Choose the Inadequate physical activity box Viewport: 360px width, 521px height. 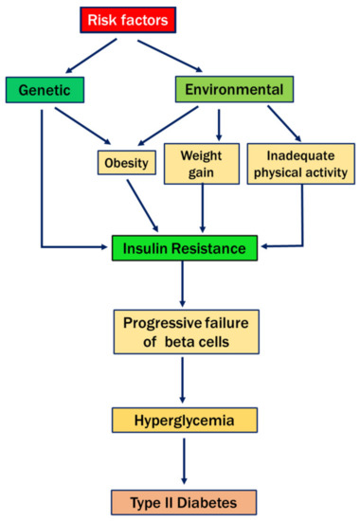300,161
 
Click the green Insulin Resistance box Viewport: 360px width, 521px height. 185,248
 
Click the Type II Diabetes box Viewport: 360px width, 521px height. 185,496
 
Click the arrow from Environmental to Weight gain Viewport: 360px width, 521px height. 219,124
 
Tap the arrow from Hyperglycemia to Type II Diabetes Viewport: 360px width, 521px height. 186,456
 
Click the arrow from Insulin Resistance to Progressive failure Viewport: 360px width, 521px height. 186,284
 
